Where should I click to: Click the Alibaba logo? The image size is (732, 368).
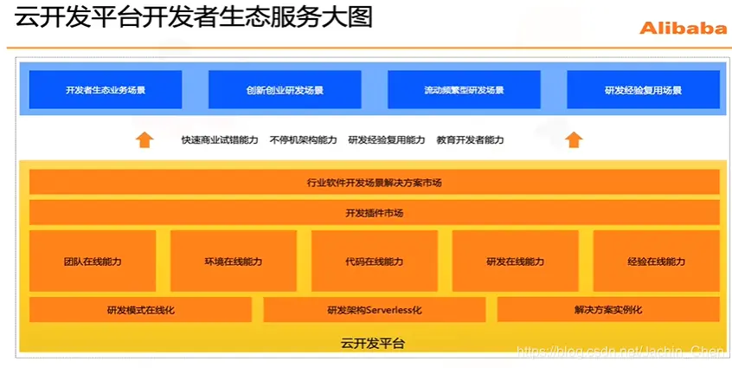[683, 28]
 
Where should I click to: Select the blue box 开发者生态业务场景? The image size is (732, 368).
[105, 90]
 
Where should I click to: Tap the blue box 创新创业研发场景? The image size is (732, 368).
[285, 90]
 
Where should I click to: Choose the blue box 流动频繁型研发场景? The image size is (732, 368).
[464, 90]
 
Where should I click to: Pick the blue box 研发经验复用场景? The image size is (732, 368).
[643, 90]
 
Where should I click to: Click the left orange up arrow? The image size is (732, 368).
[144, 139]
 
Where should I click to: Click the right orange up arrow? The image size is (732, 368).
[573, 139]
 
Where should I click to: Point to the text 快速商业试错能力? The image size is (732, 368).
[219, 140]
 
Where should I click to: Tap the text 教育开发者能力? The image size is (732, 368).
[470, 140]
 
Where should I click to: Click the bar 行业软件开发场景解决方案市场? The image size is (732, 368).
[374, 183]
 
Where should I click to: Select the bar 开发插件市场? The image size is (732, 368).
[374, 213]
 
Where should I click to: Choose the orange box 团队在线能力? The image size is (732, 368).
[92, 261]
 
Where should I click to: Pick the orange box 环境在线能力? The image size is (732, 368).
[233, 261]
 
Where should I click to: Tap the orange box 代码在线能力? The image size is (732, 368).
[374, 261]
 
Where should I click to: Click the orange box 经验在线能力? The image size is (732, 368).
[656, 261]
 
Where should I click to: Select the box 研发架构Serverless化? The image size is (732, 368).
[374, 310]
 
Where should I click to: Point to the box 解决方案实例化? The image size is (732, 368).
[607, 310]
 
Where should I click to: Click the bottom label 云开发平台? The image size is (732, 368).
[374, 343]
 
